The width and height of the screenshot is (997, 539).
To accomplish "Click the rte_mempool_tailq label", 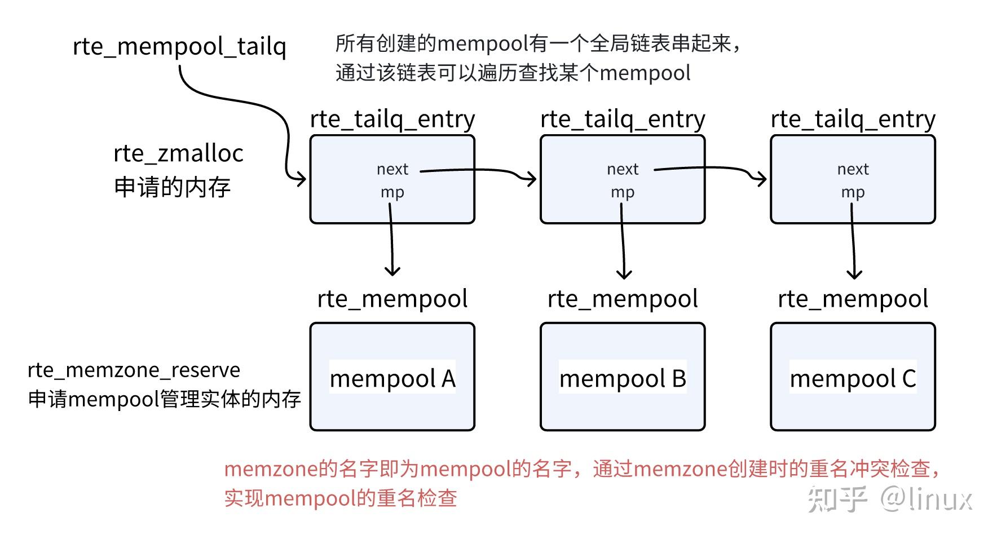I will (179, 46).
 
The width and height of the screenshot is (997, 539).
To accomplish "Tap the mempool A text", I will (392, 378).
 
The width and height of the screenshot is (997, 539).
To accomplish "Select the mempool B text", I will (623, 378).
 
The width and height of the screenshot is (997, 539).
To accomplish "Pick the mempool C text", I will (853, 378).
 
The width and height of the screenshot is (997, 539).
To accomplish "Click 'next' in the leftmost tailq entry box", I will (392, 169).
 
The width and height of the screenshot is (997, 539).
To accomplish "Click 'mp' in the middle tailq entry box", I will (623, 192).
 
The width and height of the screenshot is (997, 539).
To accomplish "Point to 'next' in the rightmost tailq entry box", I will (853, 169).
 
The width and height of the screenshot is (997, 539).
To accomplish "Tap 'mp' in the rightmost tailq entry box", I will (853, 192).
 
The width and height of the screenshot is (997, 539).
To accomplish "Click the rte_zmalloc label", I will (178, 153).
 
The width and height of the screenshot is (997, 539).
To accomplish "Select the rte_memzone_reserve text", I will (134, 370).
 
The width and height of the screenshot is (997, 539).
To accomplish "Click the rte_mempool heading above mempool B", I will (623, 299).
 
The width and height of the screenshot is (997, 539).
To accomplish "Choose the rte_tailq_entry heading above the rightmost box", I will (853, 120).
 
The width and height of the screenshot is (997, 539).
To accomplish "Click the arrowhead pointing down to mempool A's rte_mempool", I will (392, 272).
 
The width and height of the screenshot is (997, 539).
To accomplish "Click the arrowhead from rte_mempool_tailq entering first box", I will (302, 180).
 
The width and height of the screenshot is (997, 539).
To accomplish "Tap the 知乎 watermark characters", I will (836, 499).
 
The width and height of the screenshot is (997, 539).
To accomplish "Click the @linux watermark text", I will (927, 499).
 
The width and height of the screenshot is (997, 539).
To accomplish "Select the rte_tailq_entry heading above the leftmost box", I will (392, 120).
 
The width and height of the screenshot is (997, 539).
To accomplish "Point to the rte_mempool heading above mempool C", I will (853, 299).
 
